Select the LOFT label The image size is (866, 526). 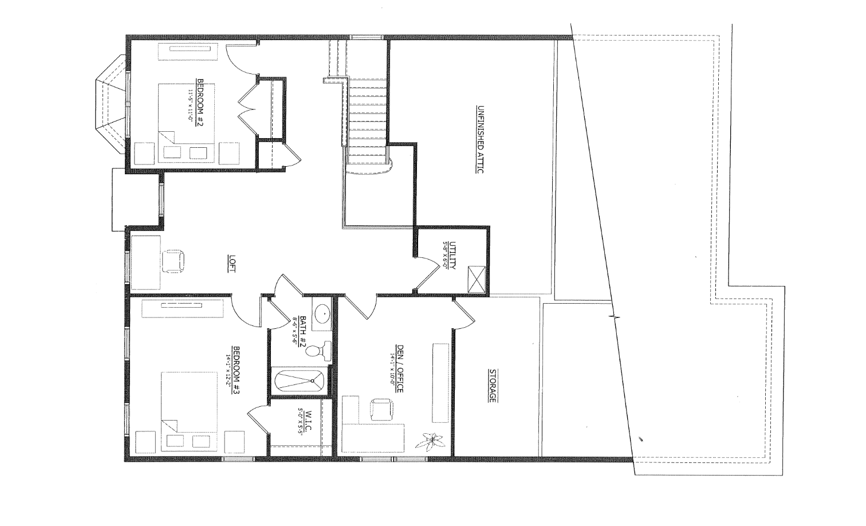(232, 264)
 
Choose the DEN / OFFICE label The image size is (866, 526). (399, 372)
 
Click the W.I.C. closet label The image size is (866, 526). (308, 422)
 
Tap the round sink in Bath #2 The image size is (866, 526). (322, 314)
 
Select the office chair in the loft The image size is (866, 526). (174, 262)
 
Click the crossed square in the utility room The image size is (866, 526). (477, 279)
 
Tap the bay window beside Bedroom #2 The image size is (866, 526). (112, 105)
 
